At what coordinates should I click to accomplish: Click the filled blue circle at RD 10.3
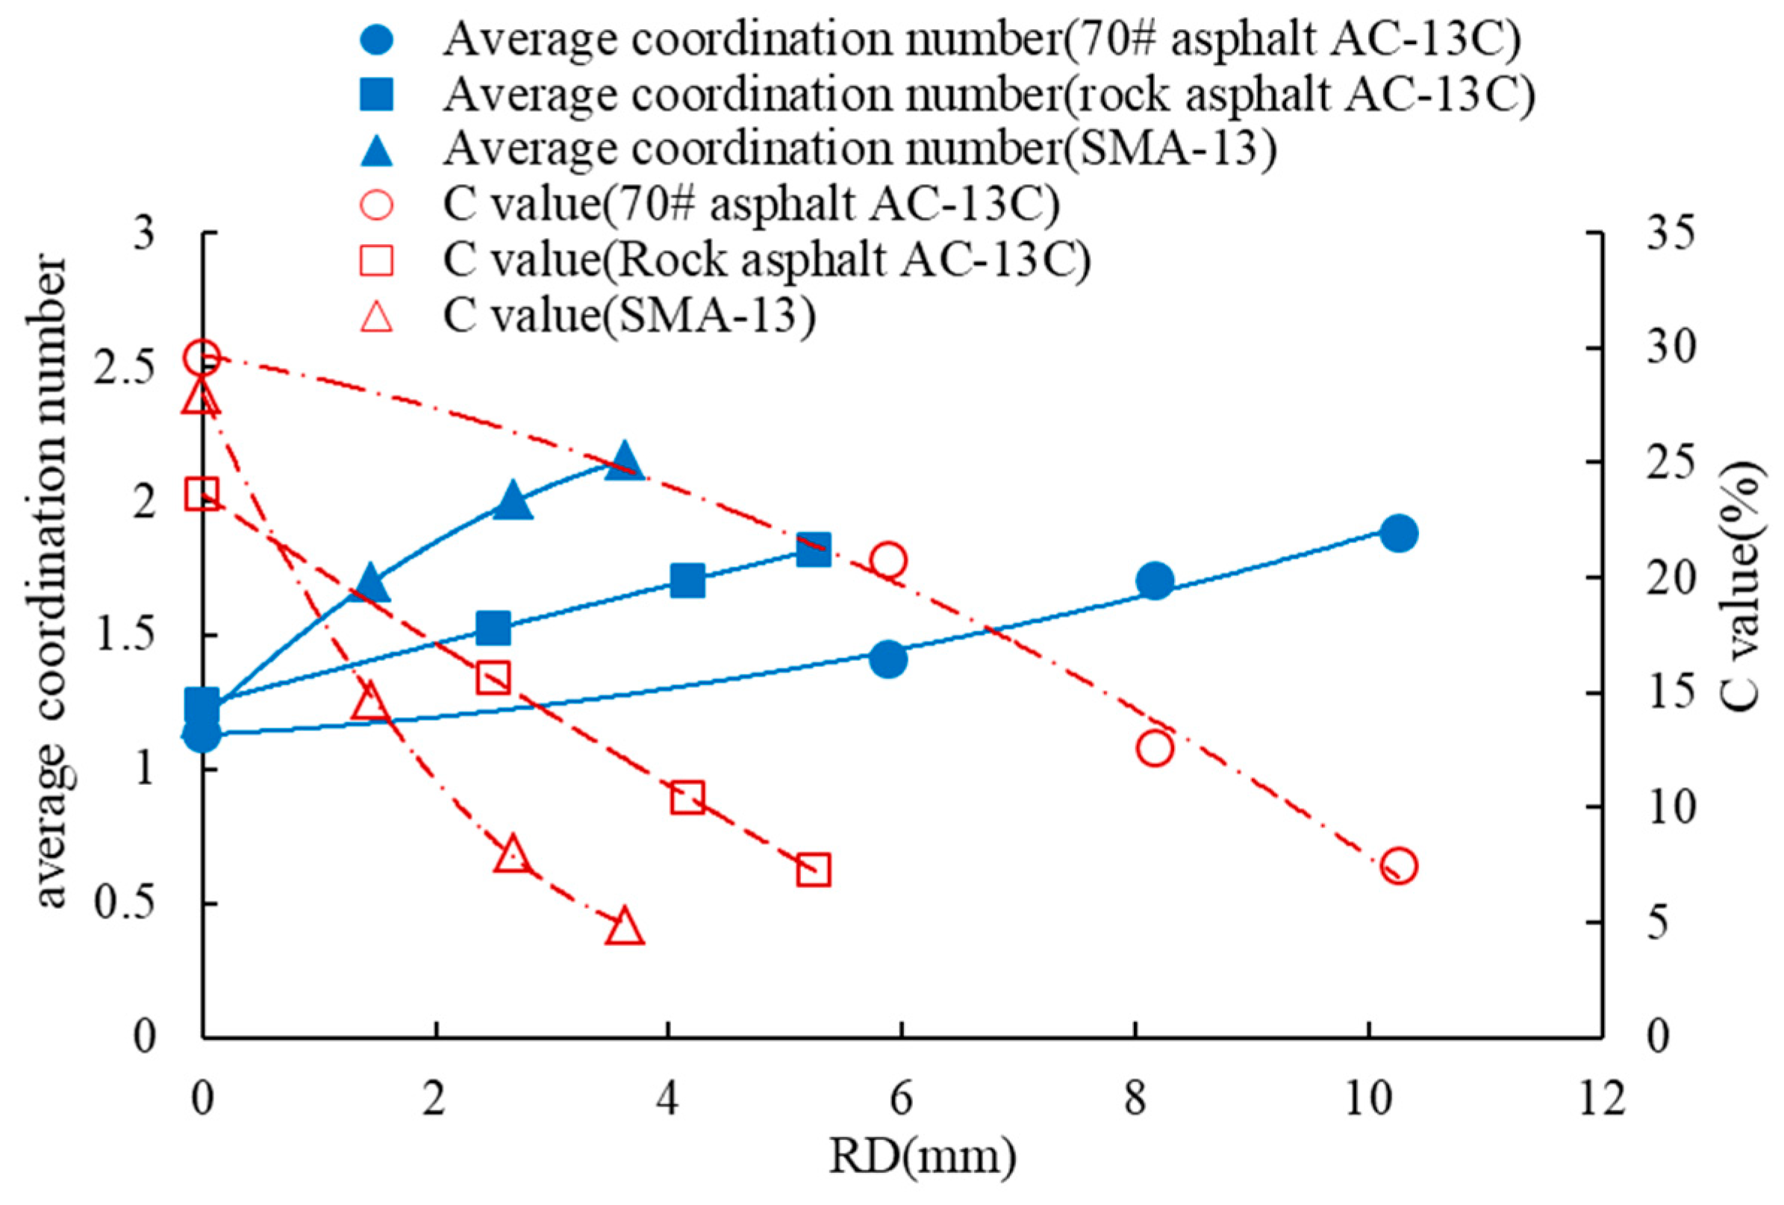point(1399,533)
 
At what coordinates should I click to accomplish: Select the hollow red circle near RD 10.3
point(1399,866)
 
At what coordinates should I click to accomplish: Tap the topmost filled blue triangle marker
point(624,461)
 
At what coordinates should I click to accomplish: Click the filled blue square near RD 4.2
point(687,581)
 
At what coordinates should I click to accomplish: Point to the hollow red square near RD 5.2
point(814,871)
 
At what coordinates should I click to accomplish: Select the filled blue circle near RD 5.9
point(888,660)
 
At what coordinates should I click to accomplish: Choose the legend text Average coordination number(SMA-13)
point(860,148)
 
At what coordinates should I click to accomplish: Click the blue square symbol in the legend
point(376,96)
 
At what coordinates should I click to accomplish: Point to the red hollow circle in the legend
point(376,205)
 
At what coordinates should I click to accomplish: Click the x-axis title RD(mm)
point(922,1157)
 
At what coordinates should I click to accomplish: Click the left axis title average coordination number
point(54,583)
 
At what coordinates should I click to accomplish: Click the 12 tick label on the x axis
point(1602,1099)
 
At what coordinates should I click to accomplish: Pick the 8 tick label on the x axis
point(1135,1099)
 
